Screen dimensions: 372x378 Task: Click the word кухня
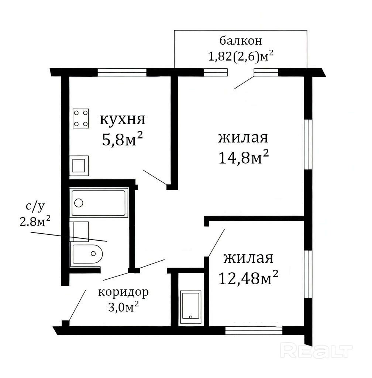click(123, 120)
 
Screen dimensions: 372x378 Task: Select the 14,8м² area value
click(243, 157)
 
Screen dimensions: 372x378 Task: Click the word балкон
click(241, 41)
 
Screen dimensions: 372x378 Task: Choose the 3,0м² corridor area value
click(123, 307)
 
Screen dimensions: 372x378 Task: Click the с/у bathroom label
click(35, 207)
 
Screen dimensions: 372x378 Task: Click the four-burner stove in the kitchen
click(81, 118)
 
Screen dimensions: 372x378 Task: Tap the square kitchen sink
click(79, 166)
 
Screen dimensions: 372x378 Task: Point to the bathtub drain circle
click(79, 203)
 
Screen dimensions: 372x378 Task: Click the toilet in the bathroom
click(87, 254)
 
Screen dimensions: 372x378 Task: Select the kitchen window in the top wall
click(122, 72)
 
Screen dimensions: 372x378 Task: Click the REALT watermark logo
click(316, 351)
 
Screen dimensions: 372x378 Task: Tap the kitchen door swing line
click(155, 177)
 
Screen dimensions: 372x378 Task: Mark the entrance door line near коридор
click(77, 305)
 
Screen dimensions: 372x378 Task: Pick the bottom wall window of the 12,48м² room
click(254, 330)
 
